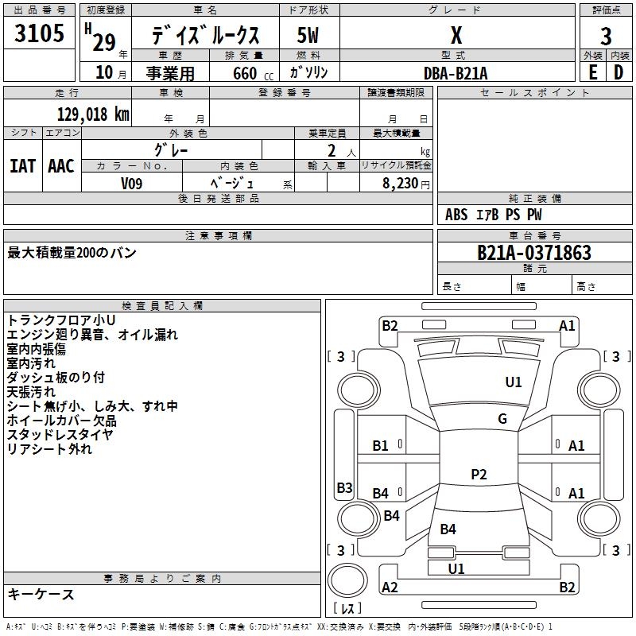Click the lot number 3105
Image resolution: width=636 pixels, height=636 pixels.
[40, 35]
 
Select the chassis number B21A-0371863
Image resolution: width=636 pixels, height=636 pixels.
[533, 254]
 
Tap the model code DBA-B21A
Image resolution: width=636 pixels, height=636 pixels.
[456, 73]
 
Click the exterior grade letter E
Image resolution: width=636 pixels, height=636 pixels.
[593, 73]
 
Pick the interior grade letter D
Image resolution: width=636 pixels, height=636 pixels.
[619, 73]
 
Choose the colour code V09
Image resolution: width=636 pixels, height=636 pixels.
[133, 182]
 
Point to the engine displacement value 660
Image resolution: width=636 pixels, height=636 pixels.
[244, 74]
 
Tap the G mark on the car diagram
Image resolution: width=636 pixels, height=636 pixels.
[502, 419]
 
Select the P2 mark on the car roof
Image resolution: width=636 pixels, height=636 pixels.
[479, 475]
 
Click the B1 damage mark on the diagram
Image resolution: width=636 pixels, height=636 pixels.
[381, 446]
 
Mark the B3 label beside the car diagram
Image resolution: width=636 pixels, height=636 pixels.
[344, 487]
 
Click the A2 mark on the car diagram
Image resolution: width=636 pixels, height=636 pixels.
[390, 587]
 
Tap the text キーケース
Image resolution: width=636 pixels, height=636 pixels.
[41, 595]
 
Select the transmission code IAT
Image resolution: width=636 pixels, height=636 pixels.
[22, 165]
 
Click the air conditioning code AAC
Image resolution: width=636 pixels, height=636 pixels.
[60, 165]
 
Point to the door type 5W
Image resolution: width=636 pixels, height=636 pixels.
[308, 36]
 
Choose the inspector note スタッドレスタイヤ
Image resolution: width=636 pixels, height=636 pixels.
[60, 434]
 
